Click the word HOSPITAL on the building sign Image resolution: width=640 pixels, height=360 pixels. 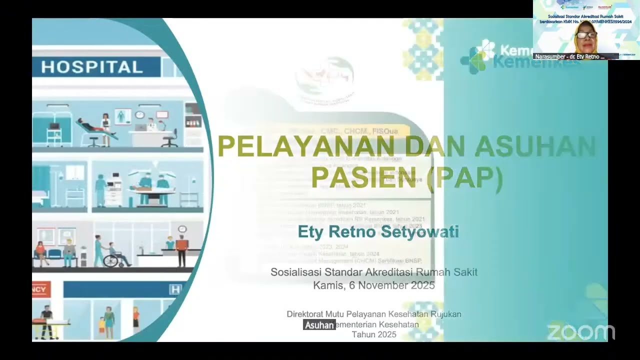tap(92, 67)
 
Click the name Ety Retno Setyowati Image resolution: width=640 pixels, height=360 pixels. tap(378, 232)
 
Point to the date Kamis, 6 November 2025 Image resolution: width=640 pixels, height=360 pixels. tap(374, 285)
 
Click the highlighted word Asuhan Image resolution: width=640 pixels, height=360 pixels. tap(319, 325)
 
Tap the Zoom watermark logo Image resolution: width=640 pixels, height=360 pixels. tap(580, 332)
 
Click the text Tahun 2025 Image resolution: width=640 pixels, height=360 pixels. tap(374, 334)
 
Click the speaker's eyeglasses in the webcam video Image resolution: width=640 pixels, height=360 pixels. tap(585, 35)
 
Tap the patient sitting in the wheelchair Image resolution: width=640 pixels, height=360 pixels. tap(118, 254)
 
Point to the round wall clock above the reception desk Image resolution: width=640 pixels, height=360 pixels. tap(182, 229)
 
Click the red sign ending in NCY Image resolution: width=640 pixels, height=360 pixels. tap(41, 289)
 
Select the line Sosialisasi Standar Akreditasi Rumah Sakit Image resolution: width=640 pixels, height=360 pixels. tap(374, 272)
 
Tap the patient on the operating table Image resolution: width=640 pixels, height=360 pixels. tap(145, 184)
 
